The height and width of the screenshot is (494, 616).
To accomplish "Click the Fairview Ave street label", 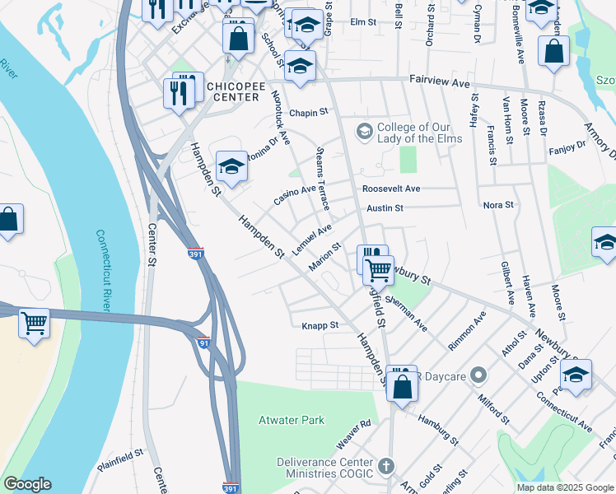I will click(x=440, y=82).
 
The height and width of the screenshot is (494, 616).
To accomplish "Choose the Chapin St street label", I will click(x=309, y=112).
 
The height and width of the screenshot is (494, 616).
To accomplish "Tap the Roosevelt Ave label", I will click(x=391, y=189).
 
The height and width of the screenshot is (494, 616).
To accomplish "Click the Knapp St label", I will click(x=320, y=325).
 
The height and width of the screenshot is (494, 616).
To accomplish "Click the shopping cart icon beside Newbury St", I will click(x=378, y=268).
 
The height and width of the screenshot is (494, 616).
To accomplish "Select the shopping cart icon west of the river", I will click(x=34, y=323).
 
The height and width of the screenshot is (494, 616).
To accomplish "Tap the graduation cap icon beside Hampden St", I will click(x=231, y=167).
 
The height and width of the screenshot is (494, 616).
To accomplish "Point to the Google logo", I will click(x=27, y=484).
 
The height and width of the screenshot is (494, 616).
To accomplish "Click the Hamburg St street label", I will click(x=436, y=427).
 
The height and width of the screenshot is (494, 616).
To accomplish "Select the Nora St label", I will click(x=498, y=204).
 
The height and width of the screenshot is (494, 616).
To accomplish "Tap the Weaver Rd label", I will click(x=353, y=435).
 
